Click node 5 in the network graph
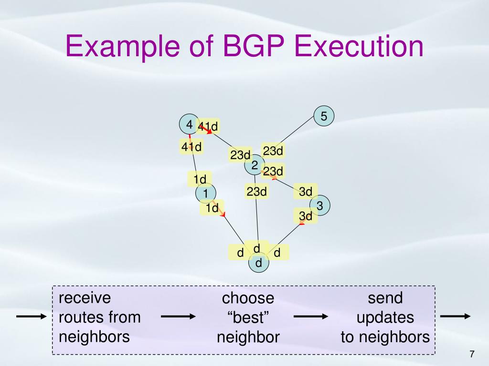[x=324, y=116]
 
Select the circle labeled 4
[x=189, y=124]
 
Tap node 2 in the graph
[x=255, y=165]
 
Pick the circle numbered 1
[x=206, y=193]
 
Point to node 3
[x=320, y=206]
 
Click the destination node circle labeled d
[x=259, y=263]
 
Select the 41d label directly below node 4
[x=191, y=147]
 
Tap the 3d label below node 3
[x=306, y=216]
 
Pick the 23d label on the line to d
[x=256, y=192]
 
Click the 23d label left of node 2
[x=240, y=155]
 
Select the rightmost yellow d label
[x=277, y=252]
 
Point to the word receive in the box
[x=85, y=298]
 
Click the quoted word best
[x=248, y=318]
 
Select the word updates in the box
[x=385, y=318]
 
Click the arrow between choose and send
[x=311, y=317]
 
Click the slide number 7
[x=472, y=354]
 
